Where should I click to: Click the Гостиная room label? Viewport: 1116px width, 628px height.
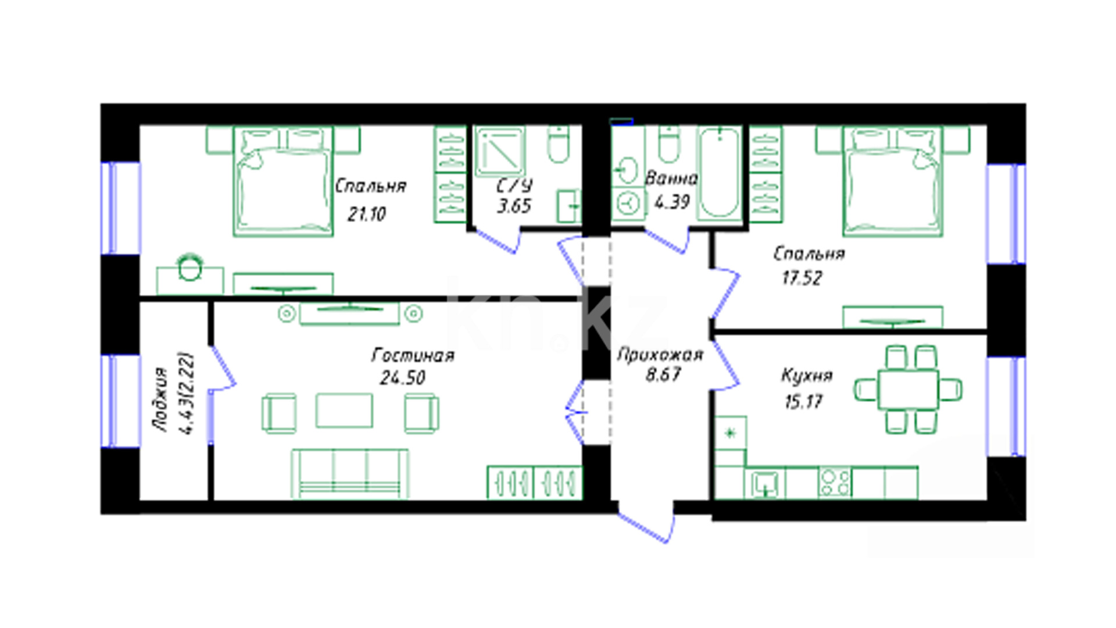(413, 355)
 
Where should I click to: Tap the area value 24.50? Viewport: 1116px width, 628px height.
(402, 378)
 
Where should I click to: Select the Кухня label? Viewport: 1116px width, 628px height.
(807, 376)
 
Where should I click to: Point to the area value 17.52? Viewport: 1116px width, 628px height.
(802, 278)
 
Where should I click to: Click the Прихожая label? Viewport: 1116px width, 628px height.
(660, 354)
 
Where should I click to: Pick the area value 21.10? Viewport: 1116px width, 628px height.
(367, 214)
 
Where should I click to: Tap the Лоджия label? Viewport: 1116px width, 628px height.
(160, 399)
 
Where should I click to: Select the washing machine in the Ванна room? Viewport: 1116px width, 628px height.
(627, 204)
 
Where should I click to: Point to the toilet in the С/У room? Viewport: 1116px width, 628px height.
(559, 145)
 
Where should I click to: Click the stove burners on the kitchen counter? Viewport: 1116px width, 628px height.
(835, 483)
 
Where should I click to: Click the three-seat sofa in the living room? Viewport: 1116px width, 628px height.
(350, 473)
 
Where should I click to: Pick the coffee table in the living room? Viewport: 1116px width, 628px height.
(344, 411)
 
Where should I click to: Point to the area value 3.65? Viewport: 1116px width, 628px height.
(514, 206)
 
